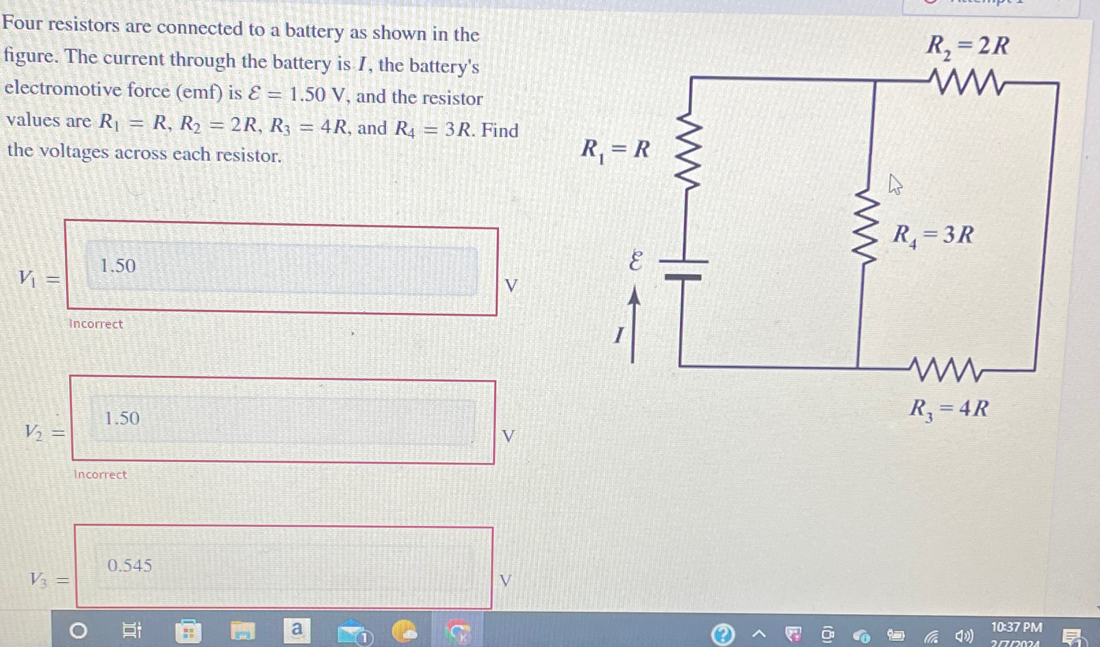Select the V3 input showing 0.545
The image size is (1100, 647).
click(283, 567)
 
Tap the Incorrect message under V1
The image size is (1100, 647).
click(96, 324)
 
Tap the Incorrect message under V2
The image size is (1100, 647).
click(100, 474)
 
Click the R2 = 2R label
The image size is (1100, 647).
click(967, 47)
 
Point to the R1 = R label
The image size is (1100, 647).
click(615, 149)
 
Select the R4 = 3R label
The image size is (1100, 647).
click(932, 236)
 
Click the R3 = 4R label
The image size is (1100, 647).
click(949, 409)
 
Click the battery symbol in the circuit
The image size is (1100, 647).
click(683, 268)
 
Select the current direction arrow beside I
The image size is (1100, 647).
click(634, 325)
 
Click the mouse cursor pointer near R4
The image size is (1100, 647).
click(894, 184)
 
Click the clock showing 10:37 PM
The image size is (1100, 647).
click(1016, 628)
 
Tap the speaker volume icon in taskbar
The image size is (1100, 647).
click(963, 636)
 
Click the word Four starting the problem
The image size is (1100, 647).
click(23, 24)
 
